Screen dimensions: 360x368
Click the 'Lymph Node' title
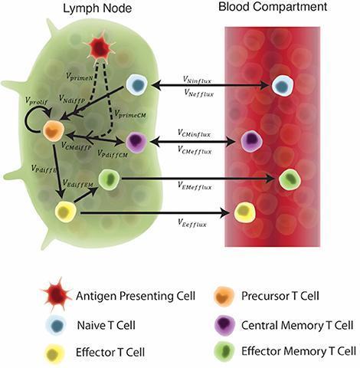(97, 8)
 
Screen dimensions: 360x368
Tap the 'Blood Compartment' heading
(273, 7)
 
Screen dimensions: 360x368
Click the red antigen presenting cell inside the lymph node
(100, 47)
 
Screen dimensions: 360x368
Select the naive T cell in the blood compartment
(283, 85)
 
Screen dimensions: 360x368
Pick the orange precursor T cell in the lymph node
(54, 131)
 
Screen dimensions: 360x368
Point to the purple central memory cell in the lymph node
(136, 142)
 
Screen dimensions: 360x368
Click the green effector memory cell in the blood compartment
(290, 179)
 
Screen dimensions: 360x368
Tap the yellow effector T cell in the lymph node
(66, 212)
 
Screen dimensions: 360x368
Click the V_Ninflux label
(197, 80)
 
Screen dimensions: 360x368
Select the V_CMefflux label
(195, 150)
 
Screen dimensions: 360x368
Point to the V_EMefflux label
(195, 186)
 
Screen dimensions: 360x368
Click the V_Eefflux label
(192, 223)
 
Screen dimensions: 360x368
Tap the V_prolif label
(36, 101)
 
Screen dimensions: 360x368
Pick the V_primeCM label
(130, 113)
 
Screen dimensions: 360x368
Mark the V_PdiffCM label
(113, 153)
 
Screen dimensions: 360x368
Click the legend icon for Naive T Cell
(56, 325)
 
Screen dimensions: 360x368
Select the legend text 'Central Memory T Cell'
(297, 325)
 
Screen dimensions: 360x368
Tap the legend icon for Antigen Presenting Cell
(56, 295)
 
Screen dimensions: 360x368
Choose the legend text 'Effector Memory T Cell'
(299, 351)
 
